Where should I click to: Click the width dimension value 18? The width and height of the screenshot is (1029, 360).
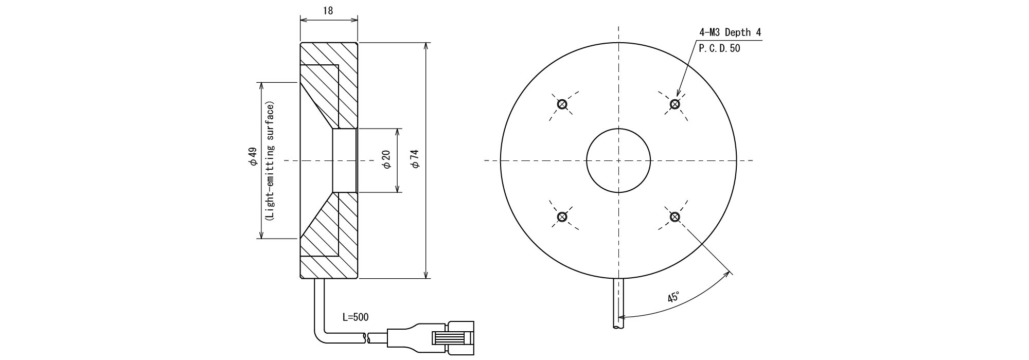pos(328,11)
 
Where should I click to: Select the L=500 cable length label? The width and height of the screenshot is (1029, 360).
pos(356,317)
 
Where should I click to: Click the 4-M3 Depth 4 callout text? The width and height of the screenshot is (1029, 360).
pos(730,32)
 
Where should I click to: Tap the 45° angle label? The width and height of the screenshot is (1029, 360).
pos(673,297)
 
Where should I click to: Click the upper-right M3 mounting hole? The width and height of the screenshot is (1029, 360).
pos(675,104)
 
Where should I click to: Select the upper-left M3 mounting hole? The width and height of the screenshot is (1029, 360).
pos(562,104)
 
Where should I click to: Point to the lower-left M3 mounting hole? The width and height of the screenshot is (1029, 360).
pos(562,217)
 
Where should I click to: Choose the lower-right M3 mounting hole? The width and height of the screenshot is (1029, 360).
pos(675,217)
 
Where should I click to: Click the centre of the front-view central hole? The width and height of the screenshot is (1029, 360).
pos(618,160)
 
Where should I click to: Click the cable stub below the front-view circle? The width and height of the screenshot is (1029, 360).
pos(618,303)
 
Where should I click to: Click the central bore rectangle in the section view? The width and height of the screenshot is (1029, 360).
pos(345,160)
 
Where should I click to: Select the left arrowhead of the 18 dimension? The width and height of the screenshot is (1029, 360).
pos(304,20)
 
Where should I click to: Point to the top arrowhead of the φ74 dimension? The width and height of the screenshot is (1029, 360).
pos(426,46)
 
